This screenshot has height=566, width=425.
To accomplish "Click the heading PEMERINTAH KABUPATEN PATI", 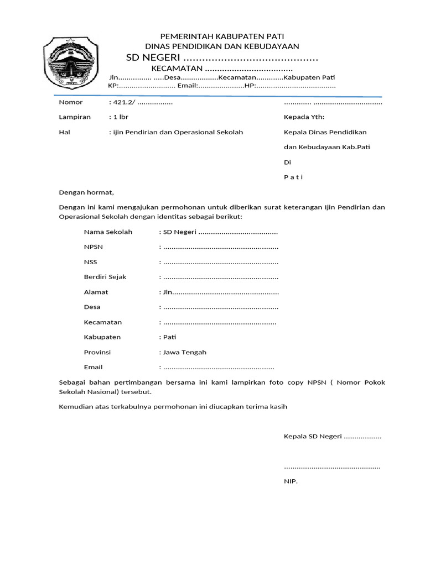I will (x=221, y=36).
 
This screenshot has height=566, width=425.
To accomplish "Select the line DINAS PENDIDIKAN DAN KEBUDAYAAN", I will (x=221, y=46).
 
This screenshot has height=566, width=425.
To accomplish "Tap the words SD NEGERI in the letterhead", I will (x=154, y=59).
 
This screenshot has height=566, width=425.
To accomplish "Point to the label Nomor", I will (x=71, y=102).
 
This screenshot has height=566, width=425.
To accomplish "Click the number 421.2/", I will (x=124, y=103).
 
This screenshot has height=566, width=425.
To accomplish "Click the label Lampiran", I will (x=75, y=117).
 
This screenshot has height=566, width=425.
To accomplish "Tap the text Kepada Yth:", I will (x=304, y=117).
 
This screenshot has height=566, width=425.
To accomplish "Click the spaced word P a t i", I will (x=293, y=177).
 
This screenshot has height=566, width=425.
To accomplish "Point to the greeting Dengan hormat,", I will (x=86, y=192).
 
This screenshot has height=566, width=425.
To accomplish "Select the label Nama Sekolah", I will (x=108, y=232).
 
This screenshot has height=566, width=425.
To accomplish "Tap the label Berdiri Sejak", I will (x=105, y=277).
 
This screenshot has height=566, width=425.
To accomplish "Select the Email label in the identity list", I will (x=94, y=367).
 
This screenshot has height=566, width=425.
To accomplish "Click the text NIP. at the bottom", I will (x=291, y=482).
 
